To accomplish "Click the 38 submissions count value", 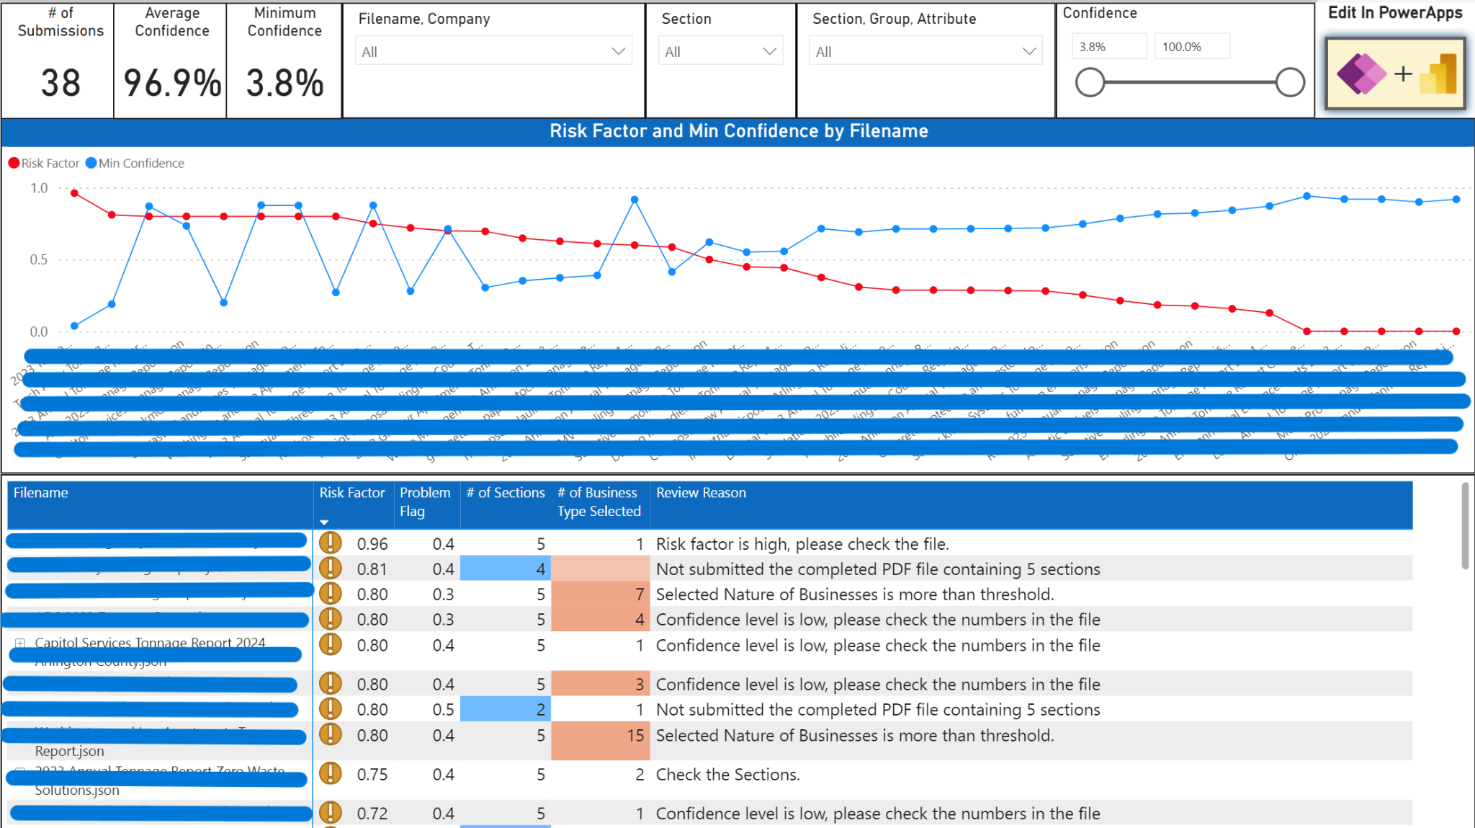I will click(60, 83).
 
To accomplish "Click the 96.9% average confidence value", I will click(172, 83).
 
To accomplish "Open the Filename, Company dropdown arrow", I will click(617, 51).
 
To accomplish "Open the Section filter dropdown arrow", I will click(768, 51).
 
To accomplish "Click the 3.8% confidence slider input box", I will click(1108, 47).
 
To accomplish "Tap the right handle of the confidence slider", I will click(1289, 82).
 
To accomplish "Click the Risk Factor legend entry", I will click(45, 163).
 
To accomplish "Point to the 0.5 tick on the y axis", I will click(39, 259).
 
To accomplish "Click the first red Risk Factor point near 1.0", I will click(74, 193).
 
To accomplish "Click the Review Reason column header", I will click(700, 493).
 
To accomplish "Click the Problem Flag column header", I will click(424, 502).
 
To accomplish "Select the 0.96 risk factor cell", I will click(372, 544).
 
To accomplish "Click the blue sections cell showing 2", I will click(506, 710).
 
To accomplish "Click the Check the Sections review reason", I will click(727, 775).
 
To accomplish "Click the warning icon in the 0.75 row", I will click(330, 773).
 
